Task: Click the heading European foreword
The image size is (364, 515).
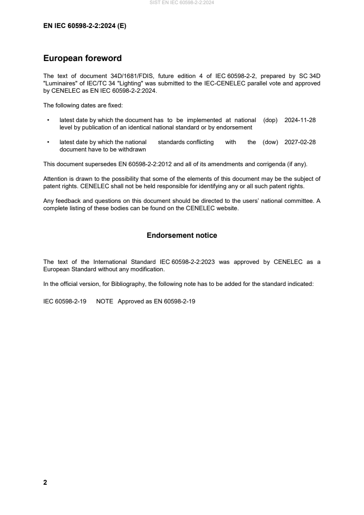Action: click(x=82, y=58)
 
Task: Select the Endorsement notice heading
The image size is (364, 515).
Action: click(x=182, y=235)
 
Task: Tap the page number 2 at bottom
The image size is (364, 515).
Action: click(x=45, y=482)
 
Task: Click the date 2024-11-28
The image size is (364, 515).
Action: click(x=300, y=120)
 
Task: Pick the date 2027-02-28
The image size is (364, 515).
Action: click(x=300, y=142)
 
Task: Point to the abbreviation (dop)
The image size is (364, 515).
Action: click(x=270, y=120)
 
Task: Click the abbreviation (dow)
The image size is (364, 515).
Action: click(x=270, y=142)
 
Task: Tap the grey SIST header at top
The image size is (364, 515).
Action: click(x=182, y=3)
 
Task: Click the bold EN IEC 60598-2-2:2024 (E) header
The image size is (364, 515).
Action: click(x=84, y=26)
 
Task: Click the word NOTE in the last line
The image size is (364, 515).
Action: click(x=105, y=302)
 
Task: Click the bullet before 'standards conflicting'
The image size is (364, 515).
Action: click(x=48, y=142)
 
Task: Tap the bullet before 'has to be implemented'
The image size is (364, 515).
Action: click(x=48, y=120)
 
